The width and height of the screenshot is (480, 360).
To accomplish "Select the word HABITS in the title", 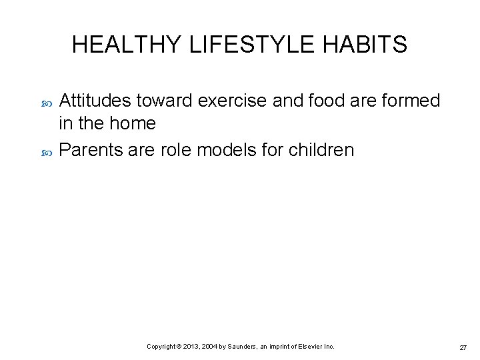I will tap(365, 45).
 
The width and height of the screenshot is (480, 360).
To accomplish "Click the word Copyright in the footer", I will tap(161, 347).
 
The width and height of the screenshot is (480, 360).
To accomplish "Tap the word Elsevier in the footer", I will tap(313, 347).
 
